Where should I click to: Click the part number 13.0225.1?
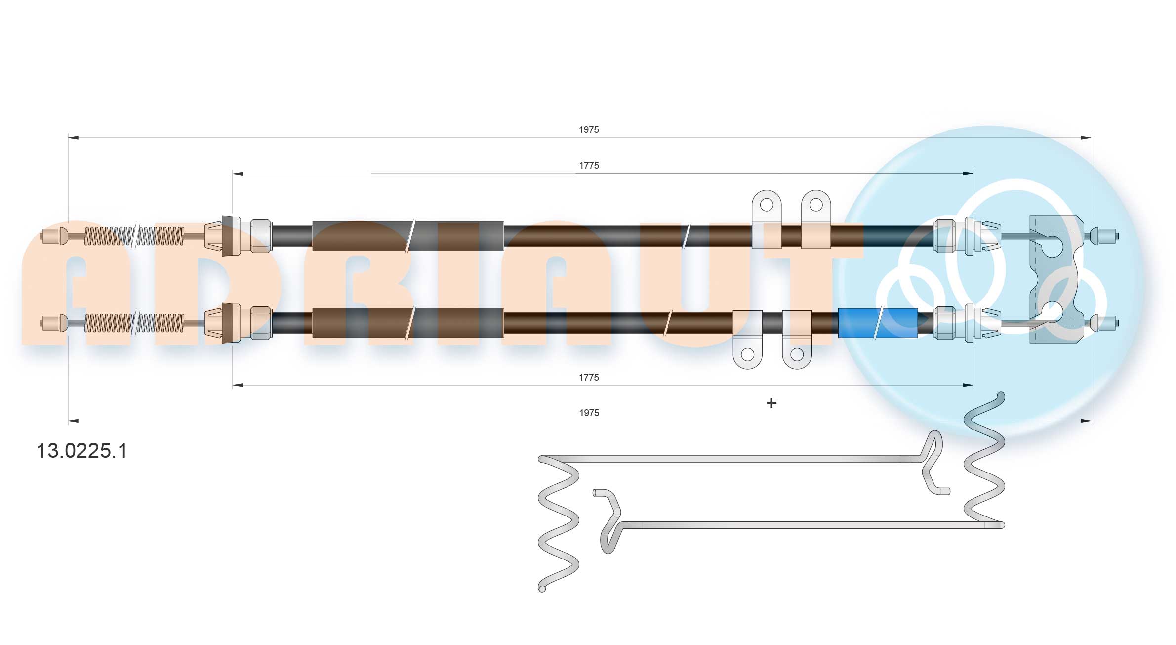82,451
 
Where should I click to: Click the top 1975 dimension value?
589,130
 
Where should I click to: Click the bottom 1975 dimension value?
589,413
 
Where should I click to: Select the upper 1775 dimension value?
589,166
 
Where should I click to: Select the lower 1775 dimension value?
589,378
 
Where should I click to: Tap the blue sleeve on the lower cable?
877,323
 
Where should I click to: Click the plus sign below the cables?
771,403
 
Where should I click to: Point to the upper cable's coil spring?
134,236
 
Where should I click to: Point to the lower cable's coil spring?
134,323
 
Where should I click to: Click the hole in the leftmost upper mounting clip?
766,204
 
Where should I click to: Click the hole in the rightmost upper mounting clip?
816,204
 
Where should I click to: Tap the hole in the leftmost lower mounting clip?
748,354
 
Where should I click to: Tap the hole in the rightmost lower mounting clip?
797,354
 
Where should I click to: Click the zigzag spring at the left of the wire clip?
558,524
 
